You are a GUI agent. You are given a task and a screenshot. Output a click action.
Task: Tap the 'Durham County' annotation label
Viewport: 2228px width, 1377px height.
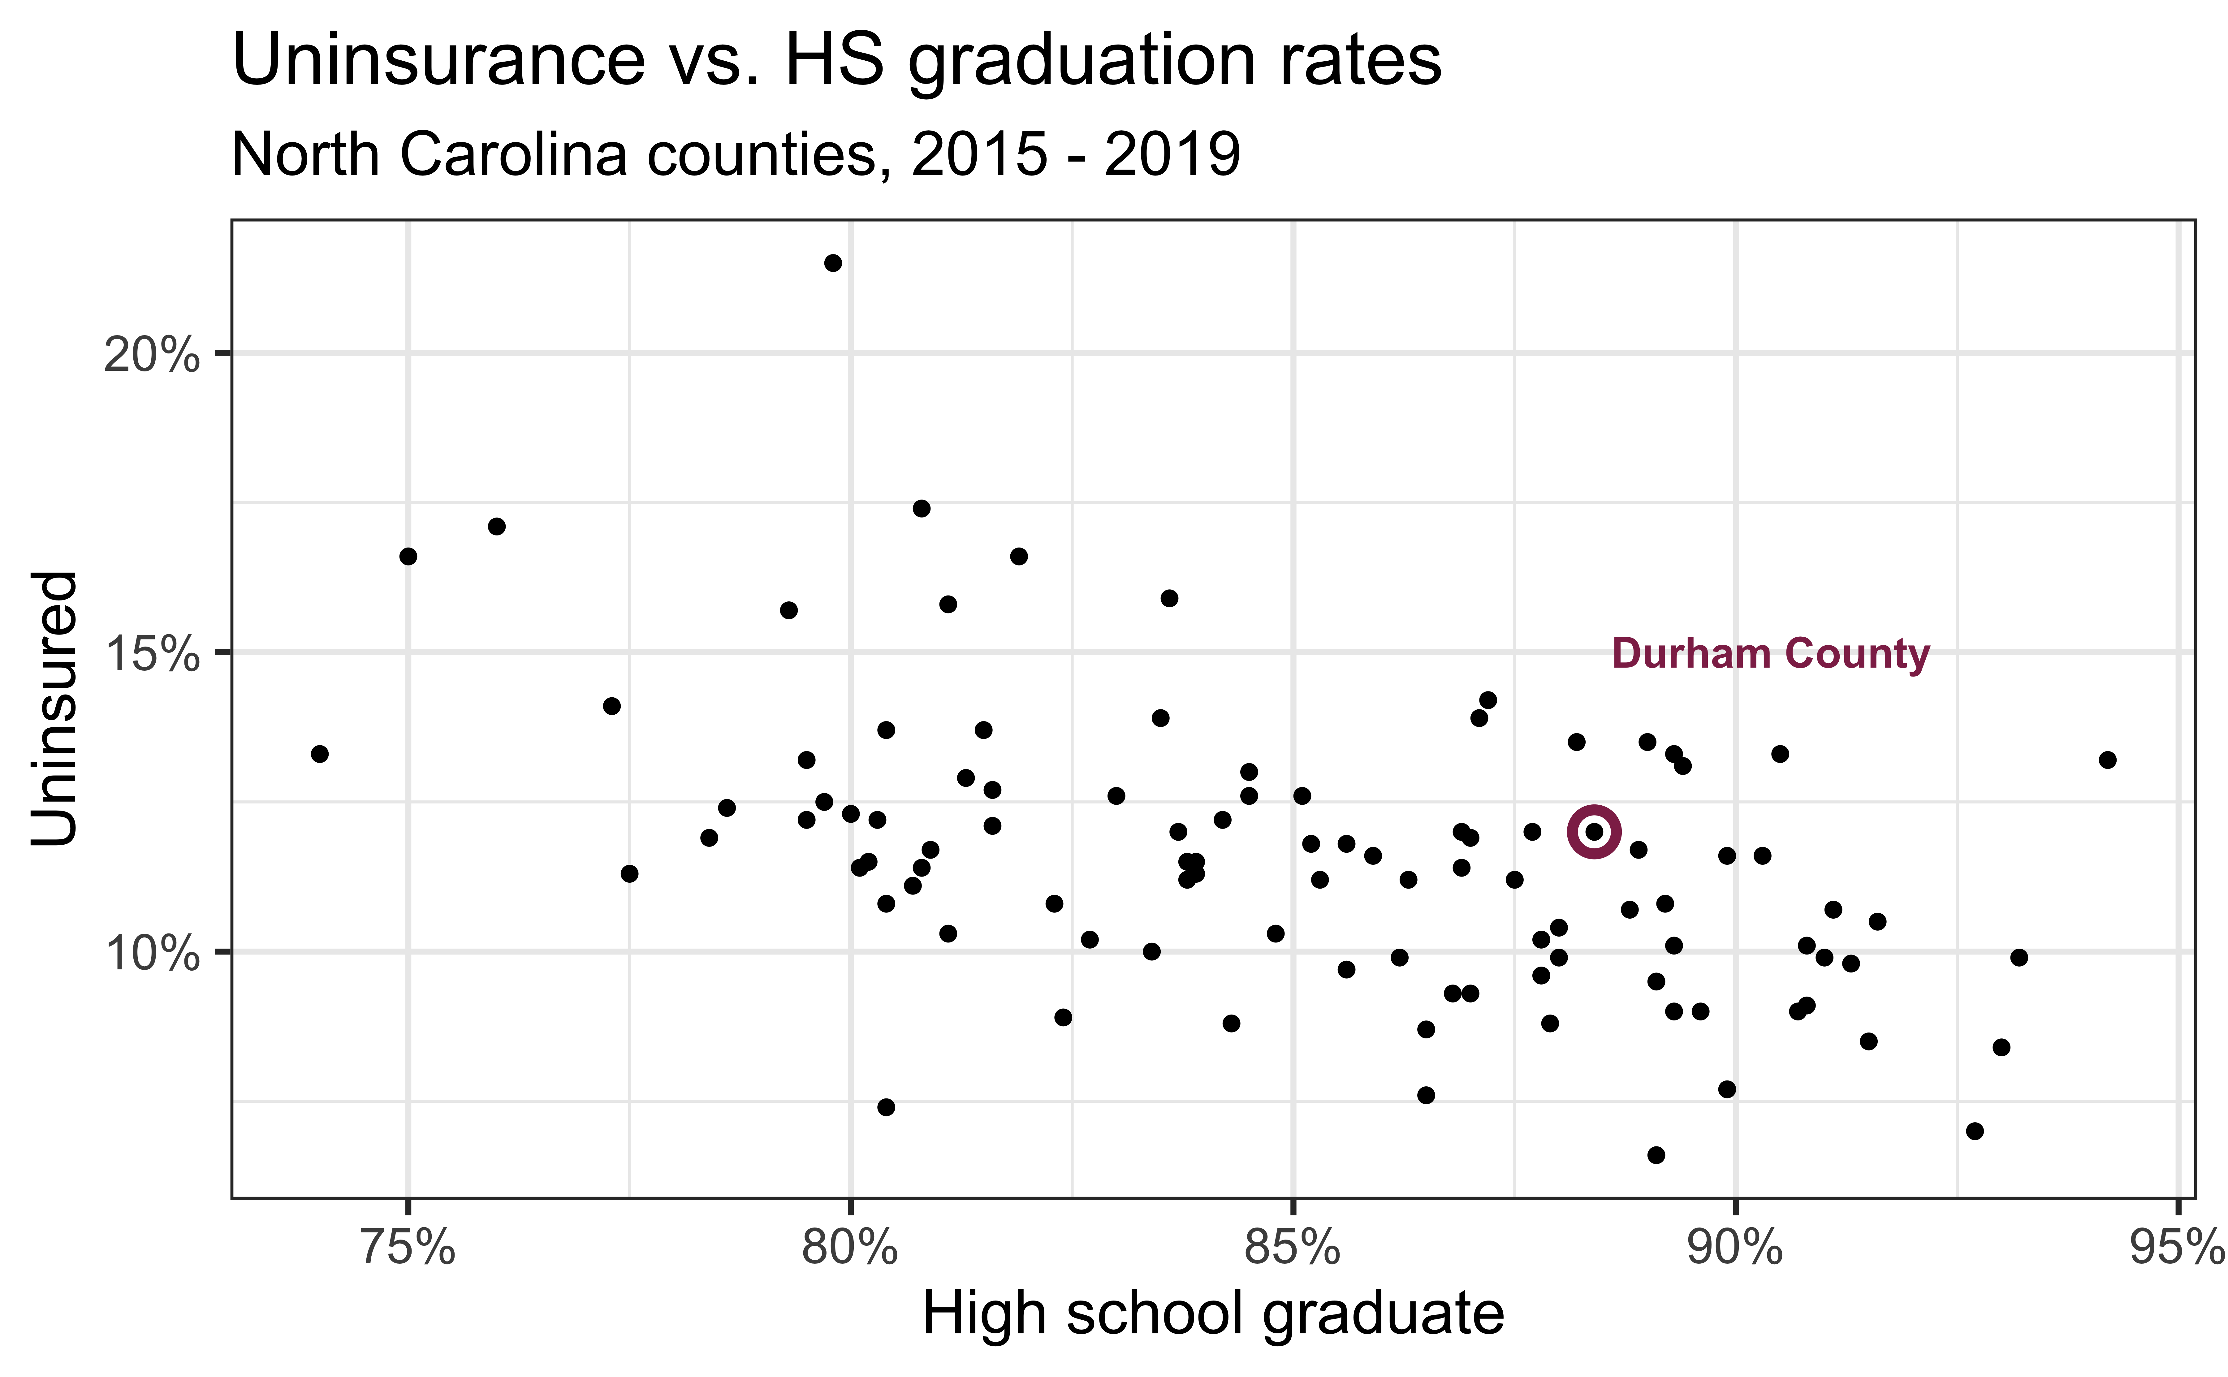coord(1770,654)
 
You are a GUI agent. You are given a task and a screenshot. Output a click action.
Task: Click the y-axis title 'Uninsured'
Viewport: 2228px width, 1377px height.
coord(55,708)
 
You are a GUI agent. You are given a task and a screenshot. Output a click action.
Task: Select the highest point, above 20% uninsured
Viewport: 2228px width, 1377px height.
coord(832,263)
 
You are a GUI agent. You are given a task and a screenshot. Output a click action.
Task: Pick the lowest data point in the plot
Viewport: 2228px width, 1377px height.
coord(1655,1155)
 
